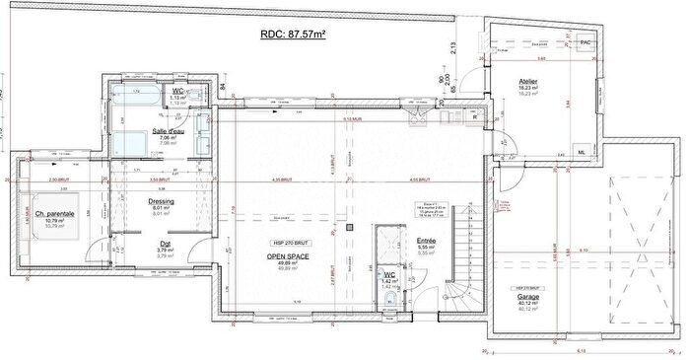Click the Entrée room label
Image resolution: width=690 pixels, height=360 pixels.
click(426, 240)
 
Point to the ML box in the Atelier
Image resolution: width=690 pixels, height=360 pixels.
click(582, 152)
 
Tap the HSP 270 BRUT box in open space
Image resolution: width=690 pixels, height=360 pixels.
click(284, 243)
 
